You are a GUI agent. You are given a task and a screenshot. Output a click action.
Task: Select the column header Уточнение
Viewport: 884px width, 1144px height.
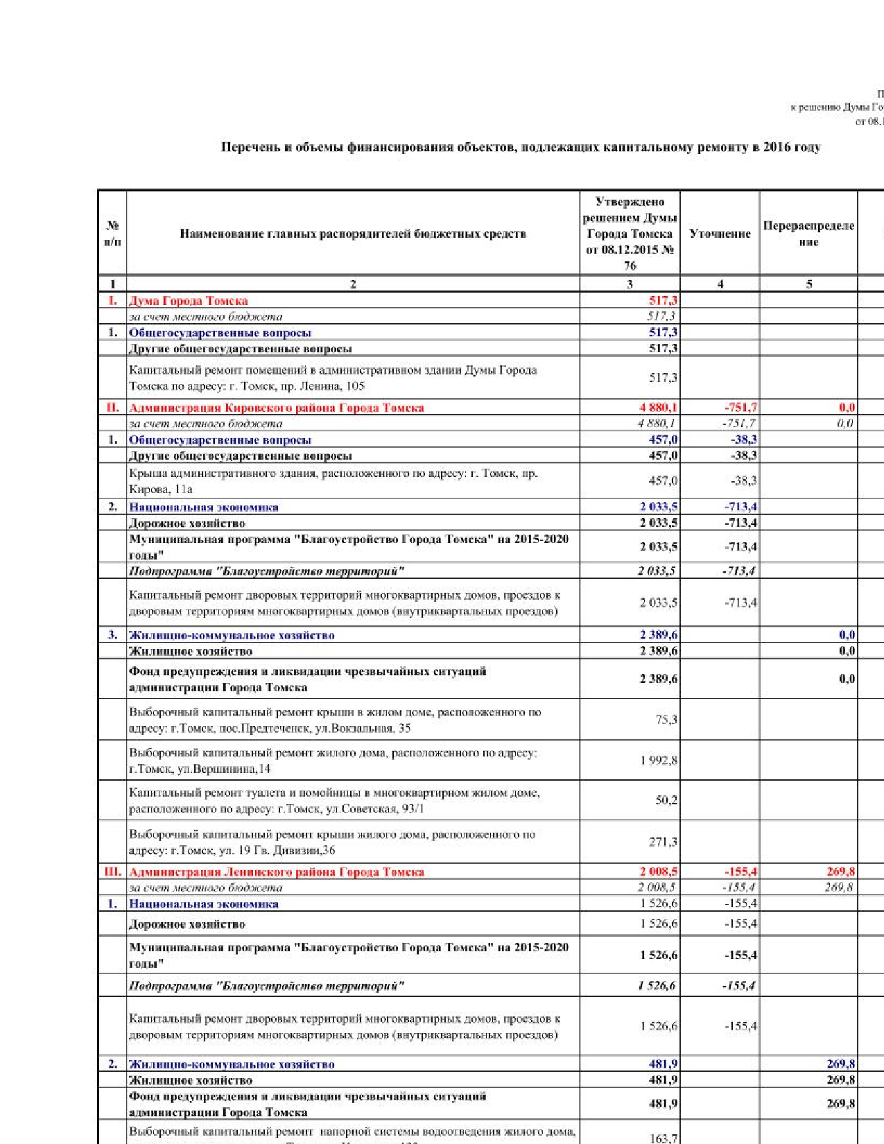720,234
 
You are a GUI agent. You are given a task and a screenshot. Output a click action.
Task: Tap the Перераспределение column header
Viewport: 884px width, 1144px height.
808,234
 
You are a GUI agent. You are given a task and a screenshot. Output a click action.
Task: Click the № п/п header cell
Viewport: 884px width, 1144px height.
112,234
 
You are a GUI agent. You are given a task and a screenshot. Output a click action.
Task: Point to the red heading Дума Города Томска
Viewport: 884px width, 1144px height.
189,301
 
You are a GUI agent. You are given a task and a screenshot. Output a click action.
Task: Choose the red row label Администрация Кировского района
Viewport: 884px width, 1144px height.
276,408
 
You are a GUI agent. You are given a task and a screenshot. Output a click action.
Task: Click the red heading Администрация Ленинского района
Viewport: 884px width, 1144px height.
276,872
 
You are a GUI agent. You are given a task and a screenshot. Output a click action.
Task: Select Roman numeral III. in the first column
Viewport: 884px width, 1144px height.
112,872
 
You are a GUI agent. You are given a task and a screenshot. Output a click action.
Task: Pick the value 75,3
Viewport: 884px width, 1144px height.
666,720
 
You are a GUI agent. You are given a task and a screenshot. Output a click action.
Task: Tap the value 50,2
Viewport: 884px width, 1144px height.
666,800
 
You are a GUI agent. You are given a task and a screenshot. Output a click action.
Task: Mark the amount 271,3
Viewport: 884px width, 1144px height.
663,842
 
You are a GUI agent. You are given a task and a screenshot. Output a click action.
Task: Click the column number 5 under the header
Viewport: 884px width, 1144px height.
808,284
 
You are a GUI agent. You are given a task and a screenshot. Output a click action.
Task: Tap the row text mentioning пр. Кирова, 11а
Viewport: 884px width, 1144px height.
333,481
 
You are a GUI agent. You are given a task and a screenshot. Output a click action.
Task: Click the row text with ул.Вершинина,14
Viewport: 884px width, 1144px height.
333,761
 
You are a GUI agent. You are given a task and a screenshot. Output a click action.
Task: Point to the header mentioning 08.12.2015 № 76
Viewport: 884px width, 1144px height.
630,250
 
